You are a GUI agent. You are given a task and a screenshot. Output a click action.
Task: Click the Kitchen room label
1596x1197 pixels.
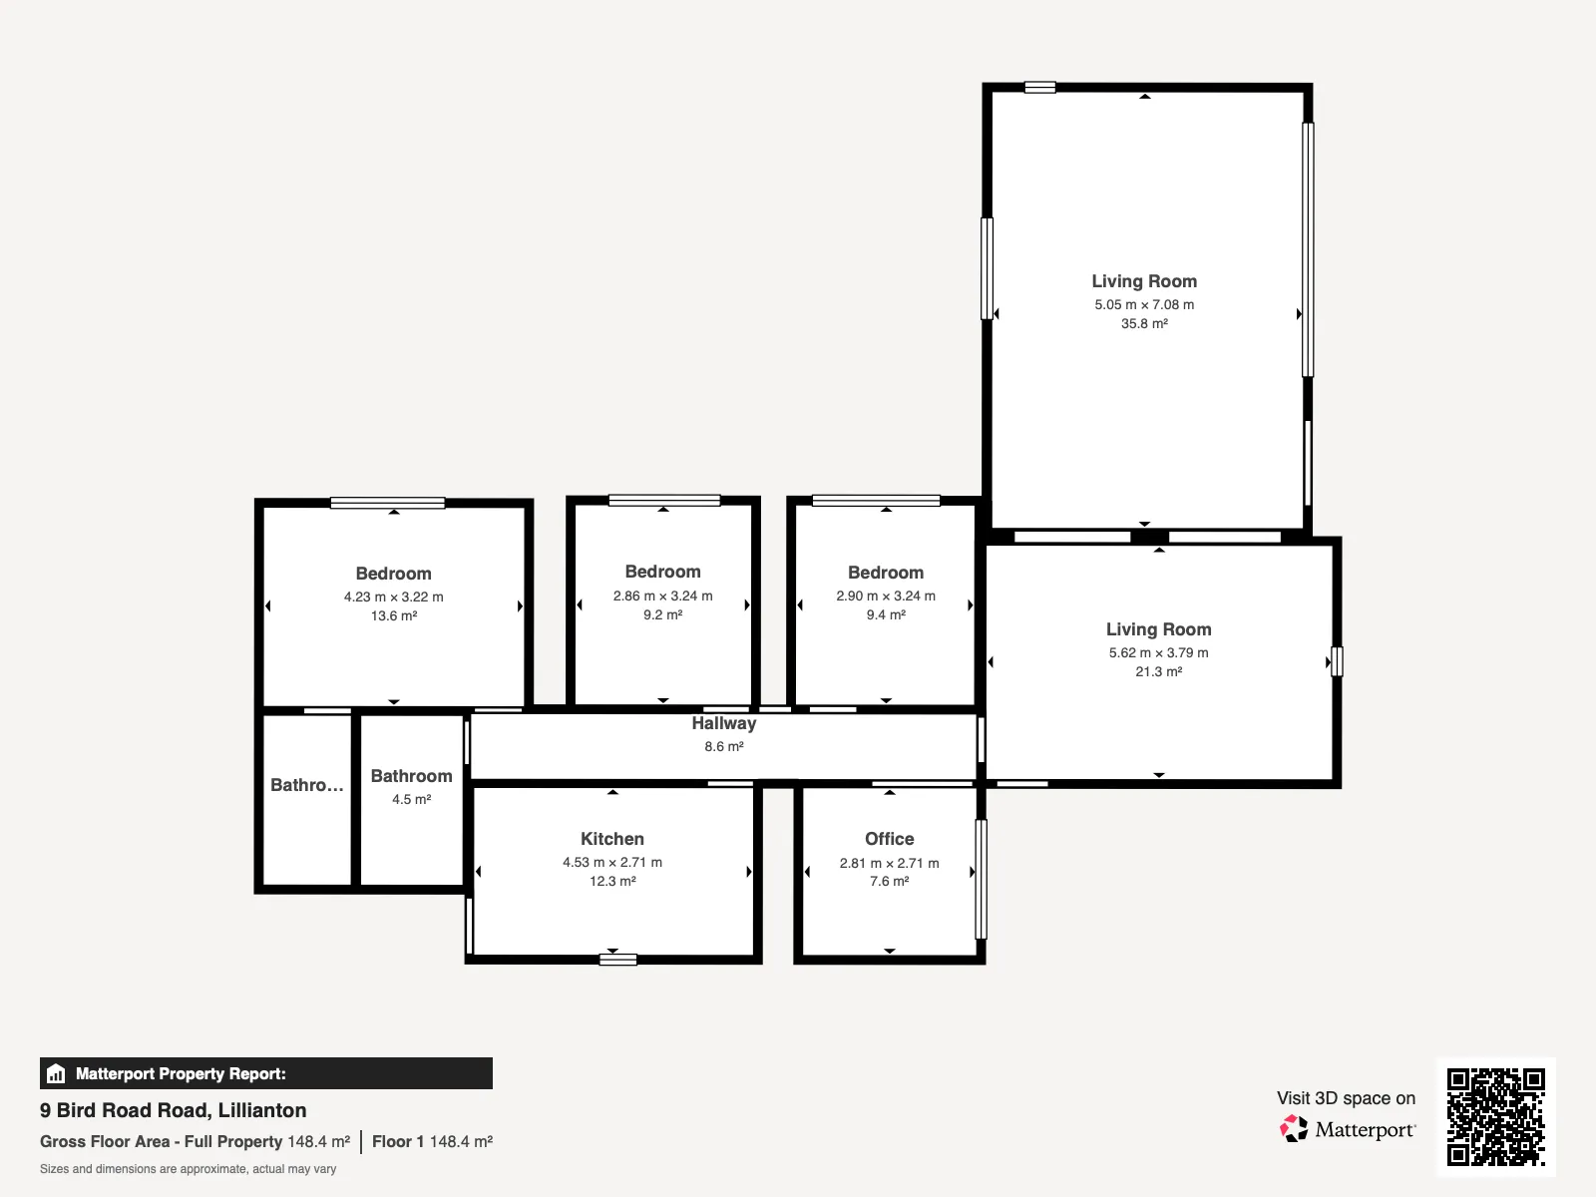click(612, 839)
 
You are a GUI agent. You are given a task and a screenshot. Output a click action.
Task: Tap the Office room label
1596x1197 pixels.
click(889, 839)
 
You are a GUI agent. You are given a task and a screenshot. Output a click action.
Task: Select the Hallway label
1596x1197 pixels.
click(723, 723)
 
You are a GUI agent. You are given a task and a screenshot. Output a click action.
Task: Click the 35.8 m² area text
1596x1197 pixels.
click(1144, 323)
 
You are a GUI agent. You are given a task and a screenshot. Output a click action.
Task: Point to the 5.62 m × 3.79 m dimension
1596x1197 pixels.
click(1158, 652)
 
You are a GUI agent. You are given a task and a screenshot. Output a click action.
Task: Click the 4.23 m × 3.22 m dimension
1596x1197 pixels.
click(393, 597)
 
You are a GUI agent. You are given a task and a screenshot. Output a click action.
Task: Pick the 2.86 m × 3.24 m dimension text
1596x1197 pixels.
click(662, 596)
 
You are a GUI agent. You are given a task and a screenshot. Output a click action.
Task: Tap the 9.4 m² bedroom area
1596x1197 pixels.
click(886, 614)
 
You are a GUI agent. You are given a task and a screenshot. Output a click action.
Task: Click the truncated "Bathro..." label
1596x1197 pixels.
click(307, 785)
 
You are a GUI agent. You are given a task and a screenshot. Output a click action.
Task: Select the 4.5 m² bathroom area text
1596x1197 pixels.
click(412, 799)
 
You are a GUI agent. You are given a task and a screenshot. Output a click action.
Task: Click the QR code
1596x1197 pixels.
click(1495, 1117)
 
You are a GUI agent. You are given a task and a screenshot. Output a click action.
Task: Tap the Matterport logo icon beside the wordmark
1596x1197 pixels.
click(1294, 1129)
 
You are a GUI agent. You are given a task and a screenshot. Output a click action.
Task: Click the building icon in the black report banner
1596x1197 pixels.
click(56, 1073)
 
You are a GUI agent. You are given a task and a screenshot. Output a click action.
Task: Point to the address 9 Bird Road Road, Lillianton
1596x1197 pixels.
click(173, 1110)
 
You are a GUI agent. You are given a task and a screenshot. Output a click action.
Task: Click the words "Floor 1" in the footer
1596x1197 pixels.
click(398, 1142)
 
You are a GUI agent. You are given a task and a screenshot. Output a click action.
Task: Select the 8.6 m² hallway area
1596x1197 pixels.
click(723, 746)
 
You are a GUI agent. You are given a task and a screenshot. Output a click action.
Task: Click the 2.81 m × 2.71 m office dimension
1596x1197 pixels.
click(889, 863)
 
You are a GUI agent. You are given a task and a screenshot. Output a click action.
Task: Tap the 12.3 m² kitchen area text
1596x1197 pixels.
click(612, 881)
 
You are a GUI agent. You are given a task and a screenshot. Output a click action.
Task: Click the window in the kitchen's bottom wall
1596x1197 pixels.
click(618, 960)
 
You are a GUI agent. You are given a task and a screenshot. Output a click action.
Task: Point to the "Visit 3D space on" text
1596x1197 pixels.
click(1346, 1098)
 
